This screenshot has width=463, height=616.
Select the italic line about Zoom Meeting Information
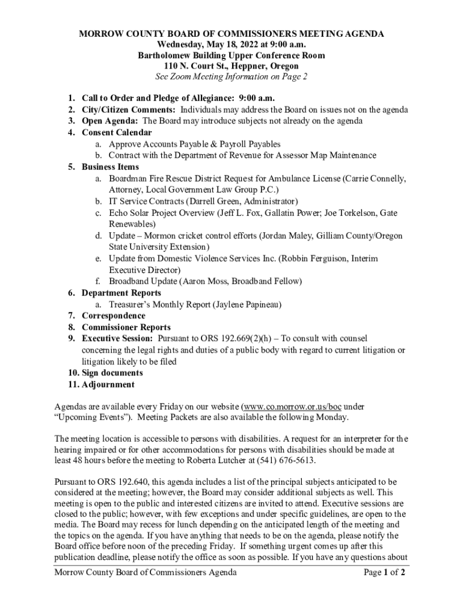click(x=231, y=77)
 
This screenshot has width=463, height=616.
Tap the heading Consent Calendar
click(x=117, y=132)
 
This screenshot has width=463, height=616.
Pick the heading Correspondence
click(x=114, y=316)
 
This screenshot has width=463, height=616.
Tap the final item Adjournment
click(x=108, y=384)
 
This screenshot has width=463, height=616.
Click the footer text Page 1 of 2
click(x=384, y=573)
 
